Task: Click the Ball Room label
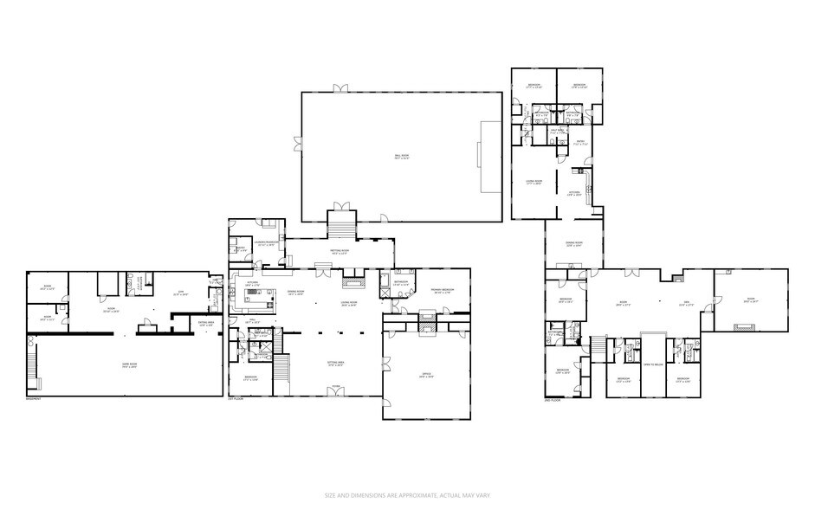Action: (x=401, y=157)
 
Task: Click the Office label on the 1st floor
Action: (x=426, y=375)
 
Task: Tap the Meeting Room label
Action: (x=339, y=250)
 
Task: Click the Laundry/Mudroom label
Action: (x=267, y=244)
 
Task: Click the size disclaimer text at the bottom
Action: (x=406, y=495)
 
